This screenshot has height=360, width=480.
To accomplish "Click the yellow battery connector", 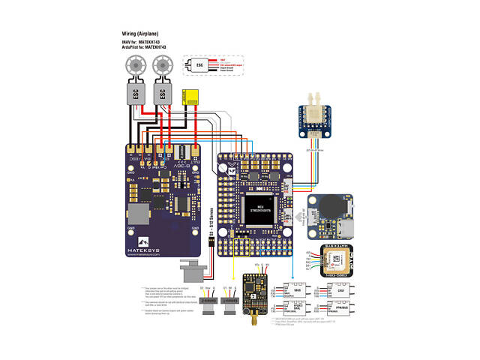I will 194,96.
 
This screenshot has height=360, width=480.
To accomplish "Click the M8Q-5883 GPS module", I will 337,260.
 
